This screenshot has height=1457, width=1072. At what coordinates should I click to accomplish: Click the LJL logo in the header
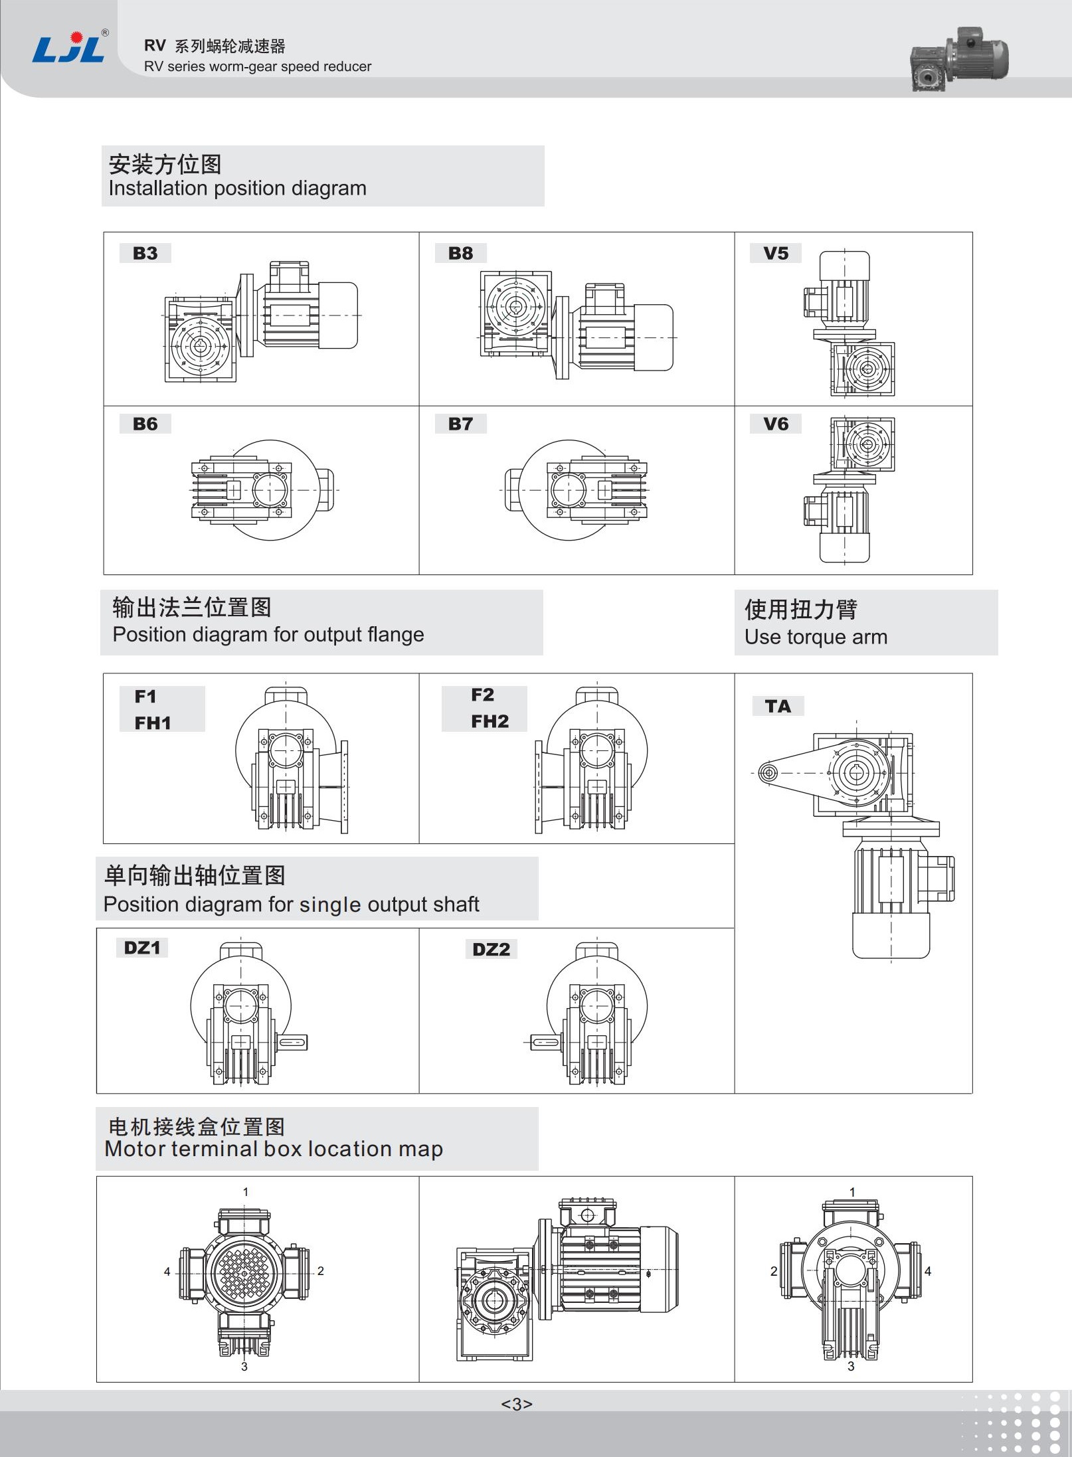click(69, 48)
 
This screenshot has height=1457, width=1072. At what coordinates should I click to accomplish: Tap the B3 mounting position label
click(145, 253)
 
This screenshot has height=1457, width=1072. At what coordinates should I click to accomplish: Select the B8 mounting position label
click(460, 253)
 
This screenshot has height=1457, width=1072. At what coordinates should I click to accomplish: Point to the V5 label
click(775, 253)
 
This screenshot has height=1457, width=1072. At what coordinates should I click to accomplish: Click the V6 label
click(775, 424)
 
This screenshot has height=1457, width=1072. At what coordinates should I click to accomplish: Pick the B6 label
click(145, 424)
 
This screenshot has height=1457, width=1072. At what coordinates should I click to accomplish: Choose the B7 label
click(460, 424)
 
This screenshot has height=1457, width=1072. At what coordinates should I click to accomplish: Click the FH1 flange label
click(153, 723)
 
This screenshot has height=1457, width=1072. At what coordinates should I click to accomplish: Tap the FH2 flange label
click(490, 721)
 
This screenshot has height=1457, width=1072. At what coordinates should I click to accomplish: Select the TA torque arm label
click(778, 706)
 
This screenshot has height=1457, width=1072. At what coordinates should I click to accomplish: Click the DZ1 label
click(142, 948)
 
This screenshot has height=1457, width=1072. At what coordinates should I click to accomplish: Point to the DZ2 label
click(491, 949)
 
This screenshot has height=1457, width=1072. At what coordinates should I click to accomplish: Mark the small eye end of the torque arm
click(768, 773)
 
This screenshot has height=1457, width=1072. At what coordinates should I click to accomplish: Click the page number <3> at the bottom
click(517, 1403)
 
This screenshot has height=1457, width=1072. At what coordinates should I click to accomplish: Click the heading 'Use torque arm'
click(816, 637)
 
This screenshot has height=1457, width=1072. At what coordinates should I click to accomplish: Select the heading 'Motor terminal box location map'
click(274, 1149)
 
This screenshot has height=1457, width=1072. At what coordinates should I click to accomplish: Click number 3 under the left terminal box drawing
click(244, 1367)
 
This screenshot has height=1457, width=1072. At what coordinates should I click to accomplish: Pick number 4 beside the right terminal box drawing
click(928, 1271)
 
